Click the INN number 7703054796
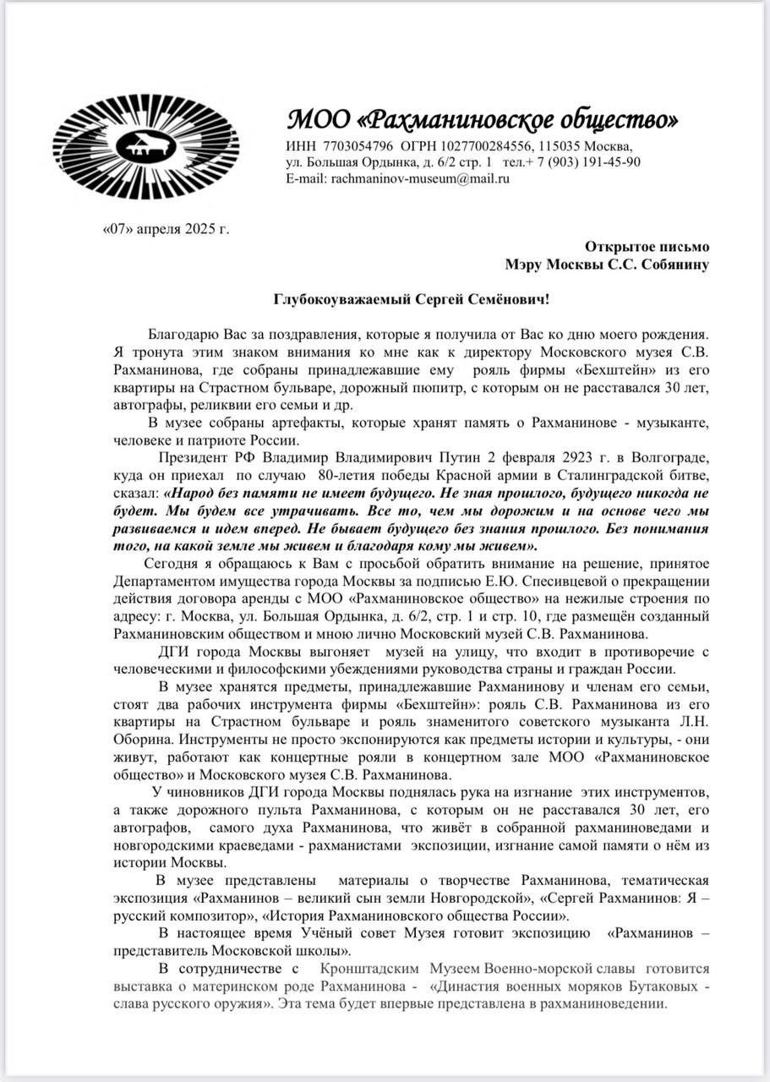coord(353,145)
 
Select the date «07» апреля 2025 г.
coord(165,228)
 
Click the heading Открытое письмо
coord(647,247)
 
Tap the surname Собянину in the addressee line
coord(672,264)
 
